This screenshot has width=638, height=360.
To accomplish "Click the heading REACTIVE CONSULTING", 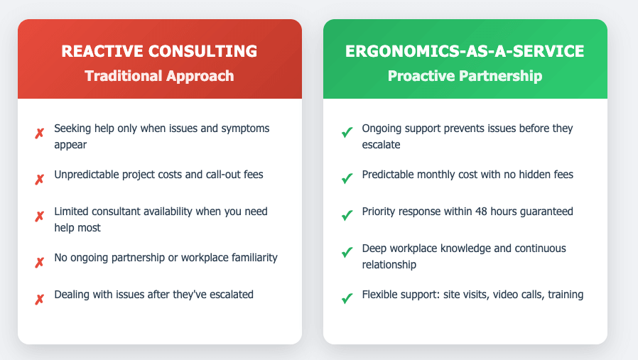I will click(x=159, y=51).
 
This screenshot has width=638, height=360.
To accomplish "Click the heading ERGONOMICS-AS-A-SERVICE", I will click(x=465, y=51).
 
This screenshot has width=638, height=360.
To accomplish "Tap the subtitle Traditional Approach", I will click(x=159, y=76).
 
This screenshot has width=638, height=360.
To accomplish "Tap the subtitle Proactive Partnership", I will click(x=465, y=76).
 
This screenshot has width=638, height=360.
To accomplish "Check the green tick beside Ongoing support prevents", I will click(x=347, y=133).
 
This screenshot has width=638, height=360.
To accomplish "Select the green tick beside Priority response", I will click(x=347, y=216).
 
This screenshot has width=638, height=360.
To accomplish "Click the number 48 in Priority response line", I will click(x=473, y=211).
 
